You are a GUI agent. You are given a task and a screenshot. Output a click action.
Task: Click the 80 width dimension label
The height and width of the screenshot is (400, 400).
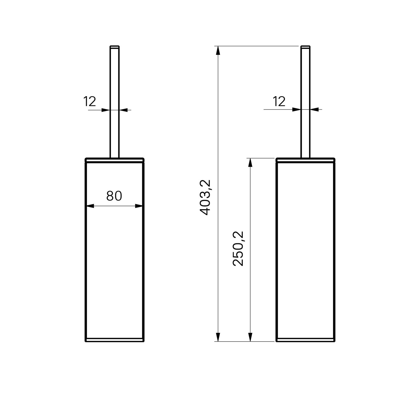point(114,196)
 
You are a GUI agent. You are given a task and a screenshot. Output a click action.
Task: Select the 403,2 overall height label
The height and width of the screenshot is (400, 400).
point(206,198)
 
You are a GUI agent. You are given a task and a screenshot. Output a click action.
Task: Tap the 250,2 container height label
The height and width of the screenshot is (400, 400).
point(238,249)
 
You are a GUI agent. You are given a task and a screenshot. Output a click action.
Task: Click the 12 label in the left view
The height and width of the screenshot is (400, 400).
point(90,102)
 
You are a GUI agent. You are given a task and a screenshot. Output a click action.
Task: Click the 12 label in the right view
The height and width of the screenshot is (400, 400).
point(279,102)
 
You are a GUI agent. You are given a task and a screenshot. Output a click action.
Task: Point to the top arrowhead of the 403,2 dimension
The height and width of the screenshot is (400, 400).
point(218,50)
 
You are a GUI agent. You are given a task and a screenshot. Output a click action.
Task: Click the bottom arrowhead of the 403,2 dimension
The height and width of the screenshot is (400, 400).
point(218,337)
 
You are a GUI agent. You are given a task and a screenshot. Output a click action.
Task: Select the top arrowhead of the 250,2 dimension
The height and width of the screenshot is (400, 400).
point(250,162)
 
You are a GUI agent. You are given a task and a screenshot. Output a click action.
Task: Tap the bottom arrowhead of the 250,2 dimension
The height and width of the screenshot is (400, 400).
point(250,337)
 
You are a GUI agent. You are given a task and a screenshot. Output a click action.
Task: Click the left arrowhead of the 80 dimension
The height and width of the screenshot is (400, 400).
point(91,206)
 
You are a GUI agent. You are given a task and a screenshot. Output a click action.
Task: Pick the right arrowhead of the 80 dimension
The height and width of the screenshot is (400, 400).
point(139,206)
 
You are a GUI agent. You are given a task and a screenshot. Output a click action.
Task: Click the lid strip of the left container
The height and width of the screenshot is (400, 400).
point(115,160)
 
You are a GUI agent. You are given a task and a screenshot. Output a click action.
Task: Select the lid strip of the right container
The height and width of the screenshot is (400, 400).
point(306,160)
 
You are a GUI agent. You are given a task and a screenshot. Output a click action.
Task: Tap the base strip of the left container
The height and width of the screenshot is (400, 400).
point(115,340)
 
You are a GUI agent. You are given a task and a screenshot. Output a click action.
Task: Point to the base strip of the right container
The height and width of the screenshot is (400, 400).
point(306,340)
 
